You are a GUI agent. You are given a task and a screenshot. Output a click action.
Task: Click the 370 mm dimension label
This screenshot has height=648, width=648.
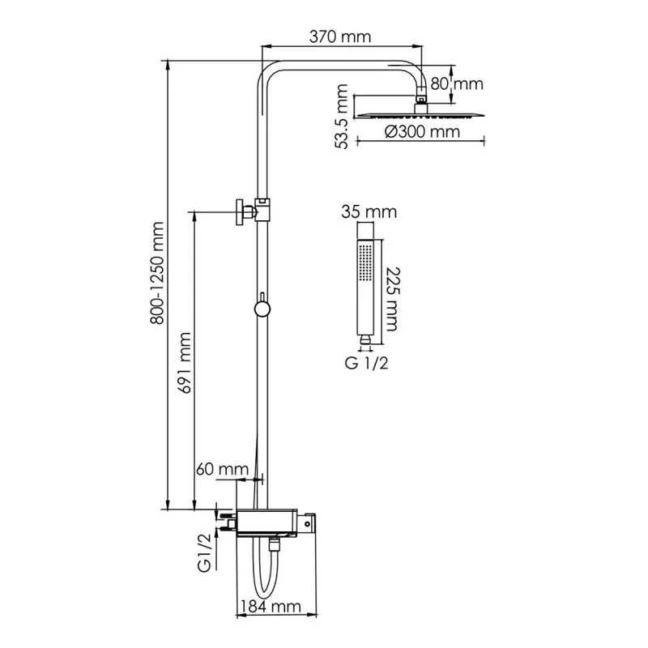click(x=339, y=36)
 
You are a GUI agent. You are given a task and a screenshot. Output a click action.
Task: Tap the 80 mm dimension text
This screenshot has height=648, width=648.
click(x=456, y=83)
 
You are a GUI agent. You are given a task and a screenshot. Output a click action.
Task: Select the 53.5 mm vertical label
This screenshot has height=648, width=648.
click(x=343, y=119)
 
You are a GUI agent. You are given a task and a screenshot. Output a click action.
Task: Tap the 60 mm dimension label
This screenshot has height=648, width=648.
click(x=221, y=469)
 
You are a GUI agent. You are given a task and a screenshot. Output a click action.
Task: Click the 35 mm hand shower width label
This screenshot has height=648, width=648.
click(x=369, y=213)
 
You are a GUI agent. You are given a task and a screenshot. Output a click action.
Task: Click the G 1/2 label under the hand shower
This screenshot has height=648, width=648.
click(x=366, y=362)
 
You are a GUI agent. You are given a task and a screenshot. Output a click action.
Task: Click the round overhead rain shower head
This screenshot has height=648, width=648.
click(x=420, y=112)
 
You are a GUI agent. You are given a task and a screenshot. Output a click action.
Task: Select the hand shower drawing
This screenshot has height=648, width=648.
click(x=365, y=287)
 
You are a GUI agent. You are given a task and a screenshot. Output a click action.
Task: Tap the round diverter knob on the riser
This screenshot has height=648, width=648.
click(x=261, y=309)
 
